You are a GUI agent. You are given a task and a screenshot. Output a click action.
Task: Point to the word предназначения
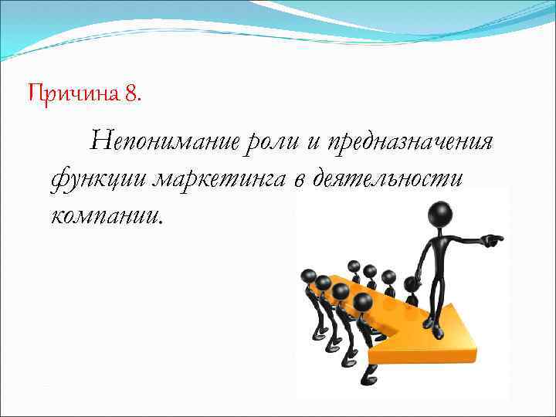(x=409, y=143)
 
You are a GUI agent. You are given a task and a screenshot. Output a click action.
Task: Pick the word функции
(x=98, y=178)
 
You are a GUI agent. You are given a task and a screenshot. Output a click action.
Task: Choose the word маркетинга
(x=219, y=178)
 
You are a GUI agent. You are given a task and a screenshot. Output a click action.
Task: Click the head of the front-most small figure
(x=364, y=303)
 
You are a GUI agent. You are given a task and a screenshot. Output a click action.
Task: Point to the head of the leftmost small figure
(x=309, y=276)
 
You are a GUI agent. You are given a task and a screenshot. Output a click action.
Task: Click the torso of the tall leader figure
(x=432, y=255)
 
